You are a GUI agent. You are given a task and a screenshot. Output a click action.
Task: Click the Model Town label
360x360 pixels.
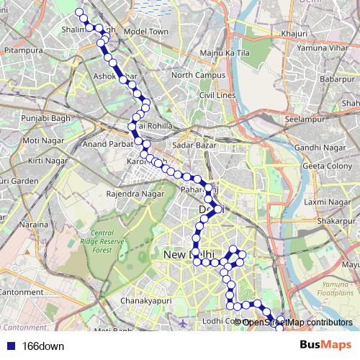(x=145, y=32)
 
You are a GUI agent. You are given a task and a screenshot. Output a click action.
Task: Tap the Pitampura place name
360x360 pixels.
(x=20, y=51)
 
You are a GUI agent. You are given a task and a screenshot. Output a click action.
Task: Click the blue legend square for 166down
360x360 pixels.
(x=9, y=346)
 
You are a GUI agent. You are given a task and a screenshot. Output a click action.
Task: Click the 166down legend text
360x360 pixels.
(x=43, y=346)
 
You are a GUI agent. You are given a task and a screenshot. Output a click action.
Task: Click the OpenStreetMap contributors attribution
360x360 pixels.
(x=297, y=322)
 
